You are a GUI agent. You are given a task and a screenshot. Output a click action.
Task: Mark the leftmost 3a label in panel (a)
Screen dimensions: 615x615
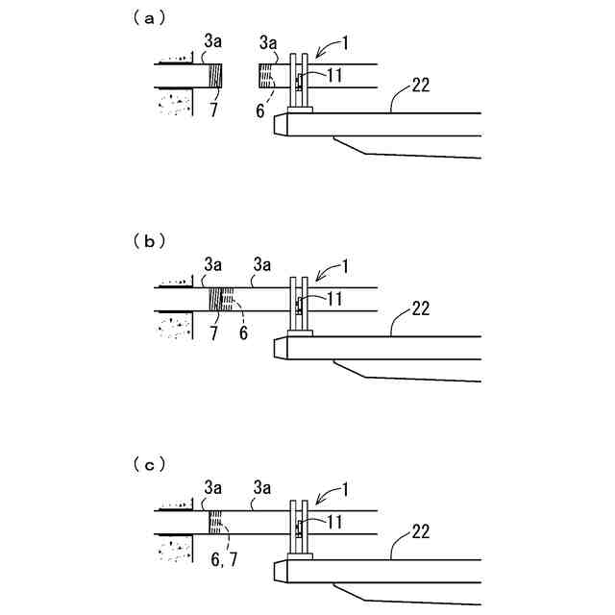(x=212, y=41)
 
